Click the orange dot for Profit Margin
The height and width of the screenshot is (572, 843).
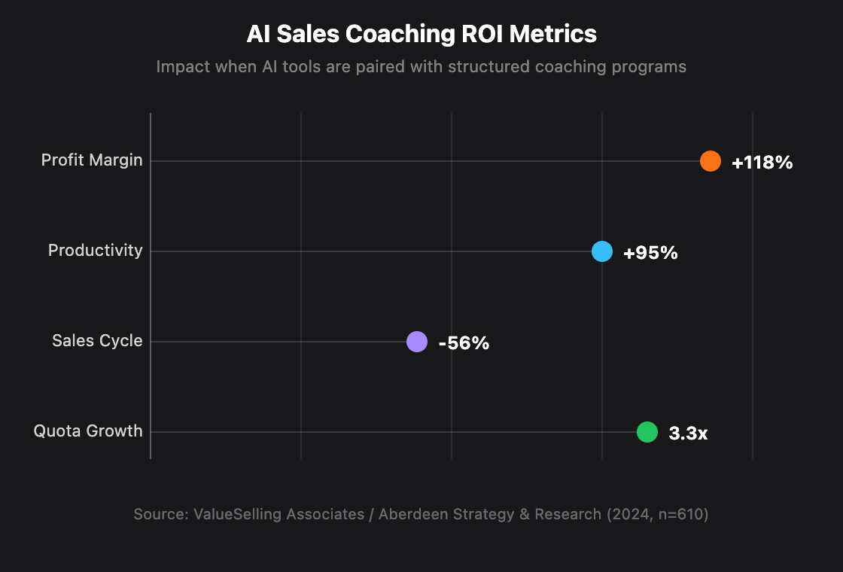pos(711,161)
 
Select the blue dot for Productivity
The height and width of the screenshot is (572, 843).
pos(602,251)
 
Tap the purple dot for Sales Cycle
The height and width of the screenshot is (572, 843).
pos(417,342)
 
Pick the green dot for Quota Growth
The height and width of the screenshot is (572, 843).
pos(647,432)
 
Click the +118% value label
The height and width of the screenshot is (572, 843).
pos(762,163)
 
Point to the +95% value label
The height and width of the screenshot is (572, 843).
pos(650,253)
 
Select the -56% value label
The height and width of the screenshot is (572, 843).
pos(464,343)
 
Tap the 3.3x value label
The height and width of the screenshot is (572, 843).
pos(688,434)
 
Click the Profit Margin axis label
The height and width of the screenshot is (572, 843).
pos(92,160)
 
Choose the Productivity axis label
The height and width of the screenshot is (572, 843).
pos(95,251)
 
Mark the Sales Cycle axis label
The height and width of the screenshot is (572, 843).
pos(97,341)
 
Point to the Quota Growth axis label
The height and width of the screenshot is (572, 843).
pos(88,431)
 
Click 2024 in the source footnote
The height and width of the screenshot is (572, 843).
pos(625,515)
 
